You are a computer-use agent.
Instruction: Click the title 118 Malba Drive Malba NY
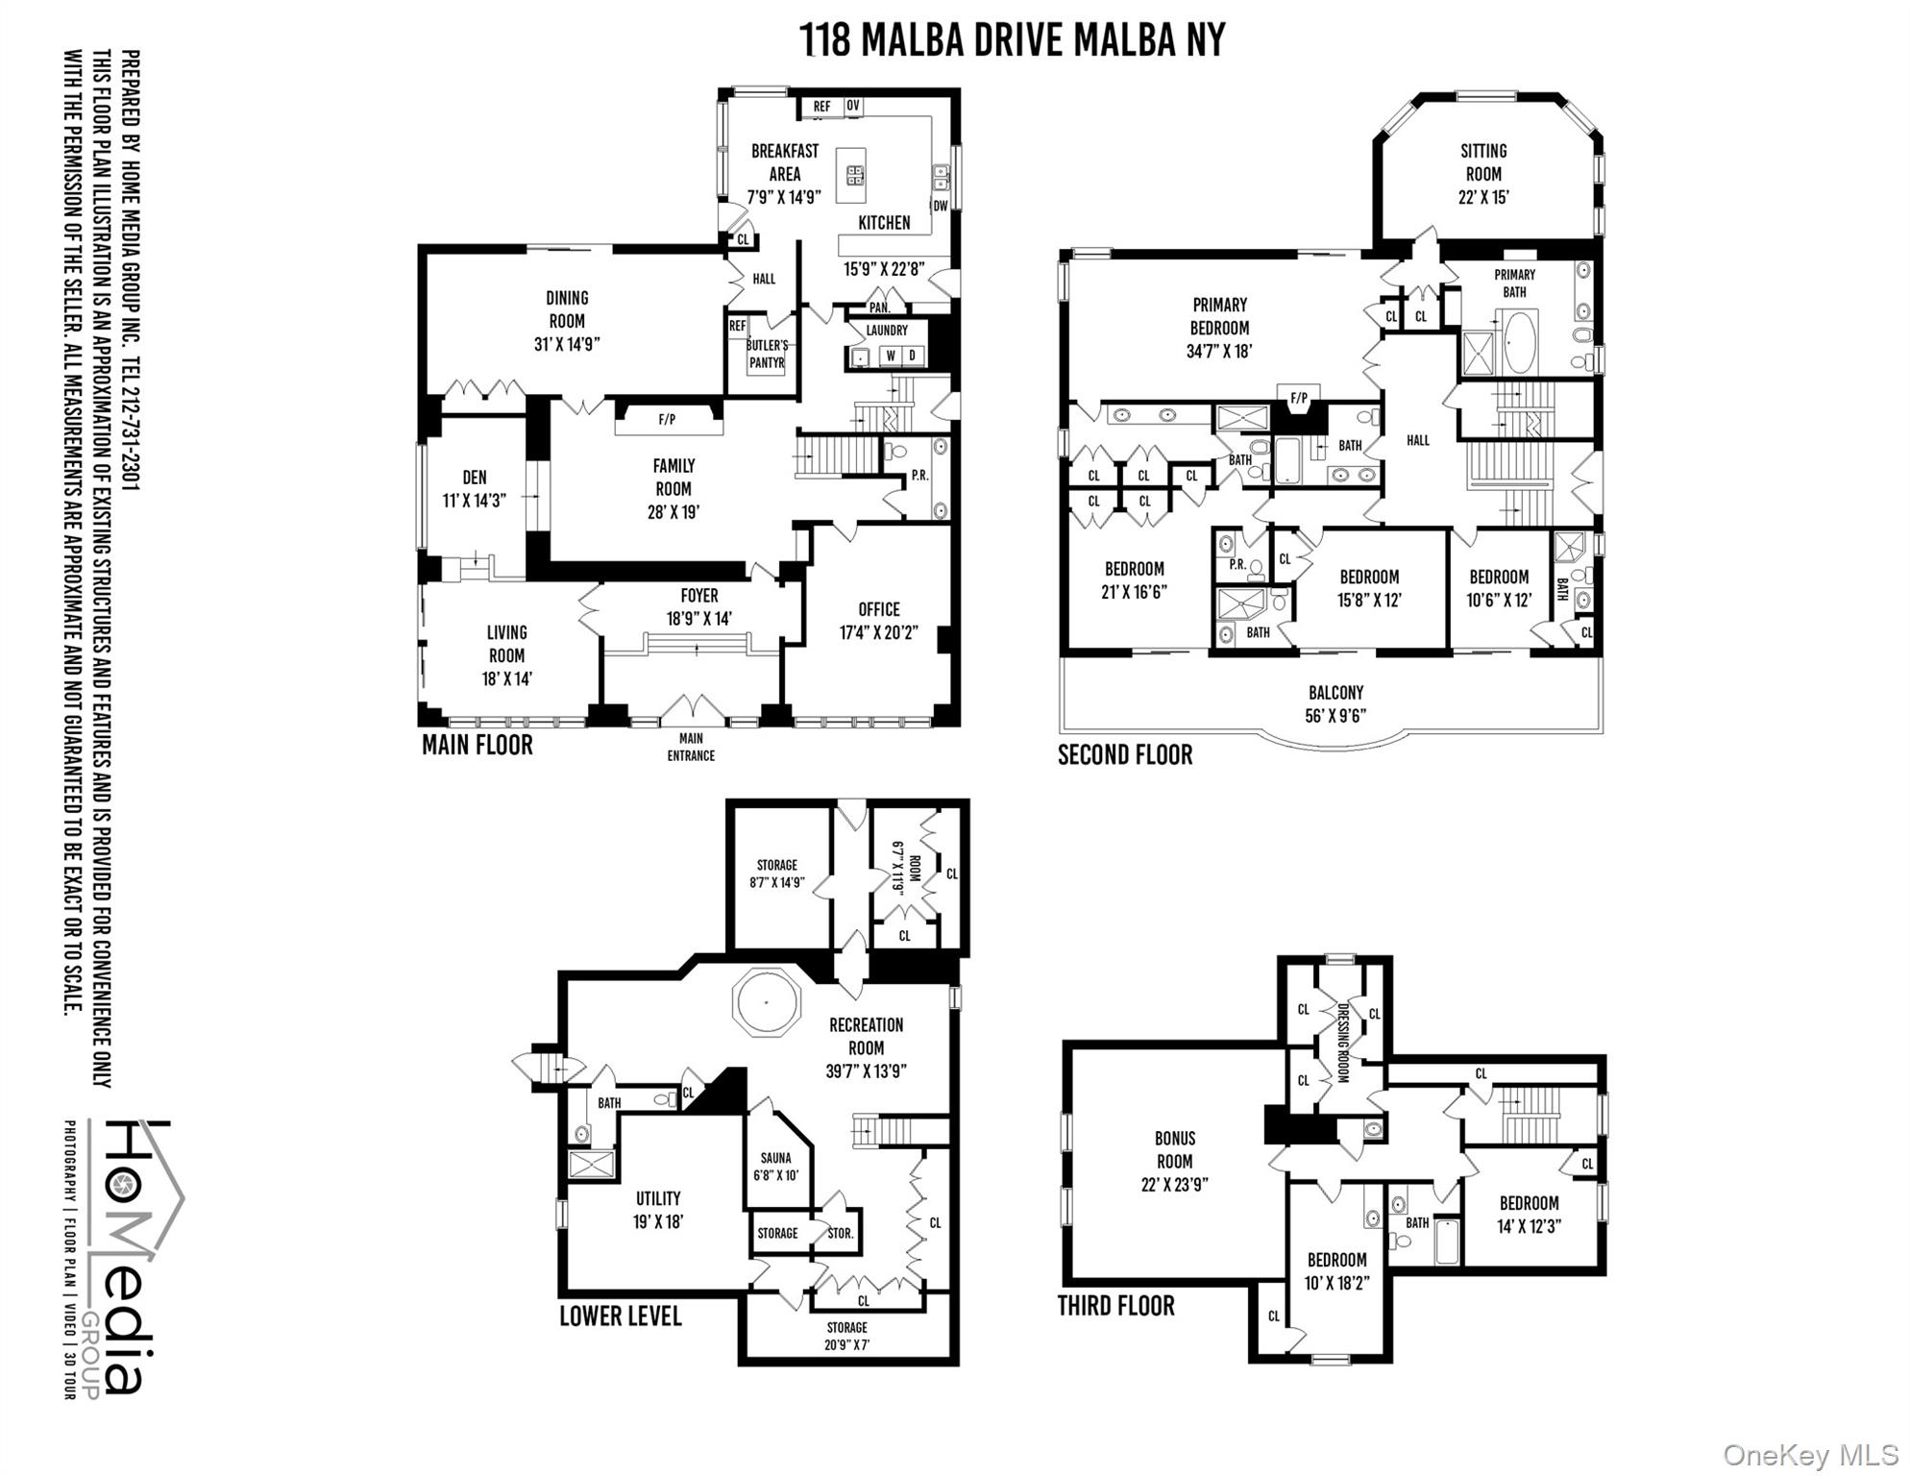[x=1013, y=40]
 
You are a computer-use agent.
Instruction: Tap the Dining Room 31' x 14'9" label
[x=567, y=321]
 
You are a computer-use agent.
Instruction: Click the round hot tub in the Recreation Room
[x=767, y=1002]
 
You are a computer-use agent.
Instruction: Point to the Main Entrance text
[x=691, y=748]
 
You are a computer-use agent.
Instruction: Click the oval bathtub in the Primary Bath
[x=1520, y=342]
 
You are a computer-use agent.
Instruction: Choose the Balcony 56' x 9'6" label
[x=1335, y=704]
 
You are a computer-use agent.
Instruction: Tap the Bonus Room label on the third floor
[x=1174, y=1161]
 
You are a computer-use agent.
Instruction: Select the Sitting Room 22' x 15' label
[x=1483, y=174]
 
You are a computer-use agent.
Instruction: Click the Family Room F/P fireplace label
[x=667, y=420]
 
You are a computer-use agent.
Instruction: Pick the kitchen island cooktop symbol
[x=854, y=175]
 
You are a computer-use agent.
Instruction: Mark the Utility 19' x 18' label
[x=657, y=1210]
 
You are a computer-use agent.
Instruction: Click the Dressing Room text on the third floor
[x=1343, y=1044]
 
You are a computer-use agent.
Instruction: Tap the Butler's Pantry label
[x=767, y=354]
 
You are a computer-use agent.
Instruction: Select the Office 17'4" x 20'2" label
[x=879, y=621]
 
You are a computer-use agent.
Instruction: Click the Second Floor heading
[x=1125, y=755]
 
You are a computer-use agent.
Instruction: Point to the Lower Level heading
[x=621, y=1316]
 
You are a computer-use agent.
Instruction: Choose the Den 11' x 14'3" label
[x=475, y=488]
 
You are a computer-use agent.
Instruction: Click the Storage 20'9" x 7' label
[x=846, y=1336]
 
